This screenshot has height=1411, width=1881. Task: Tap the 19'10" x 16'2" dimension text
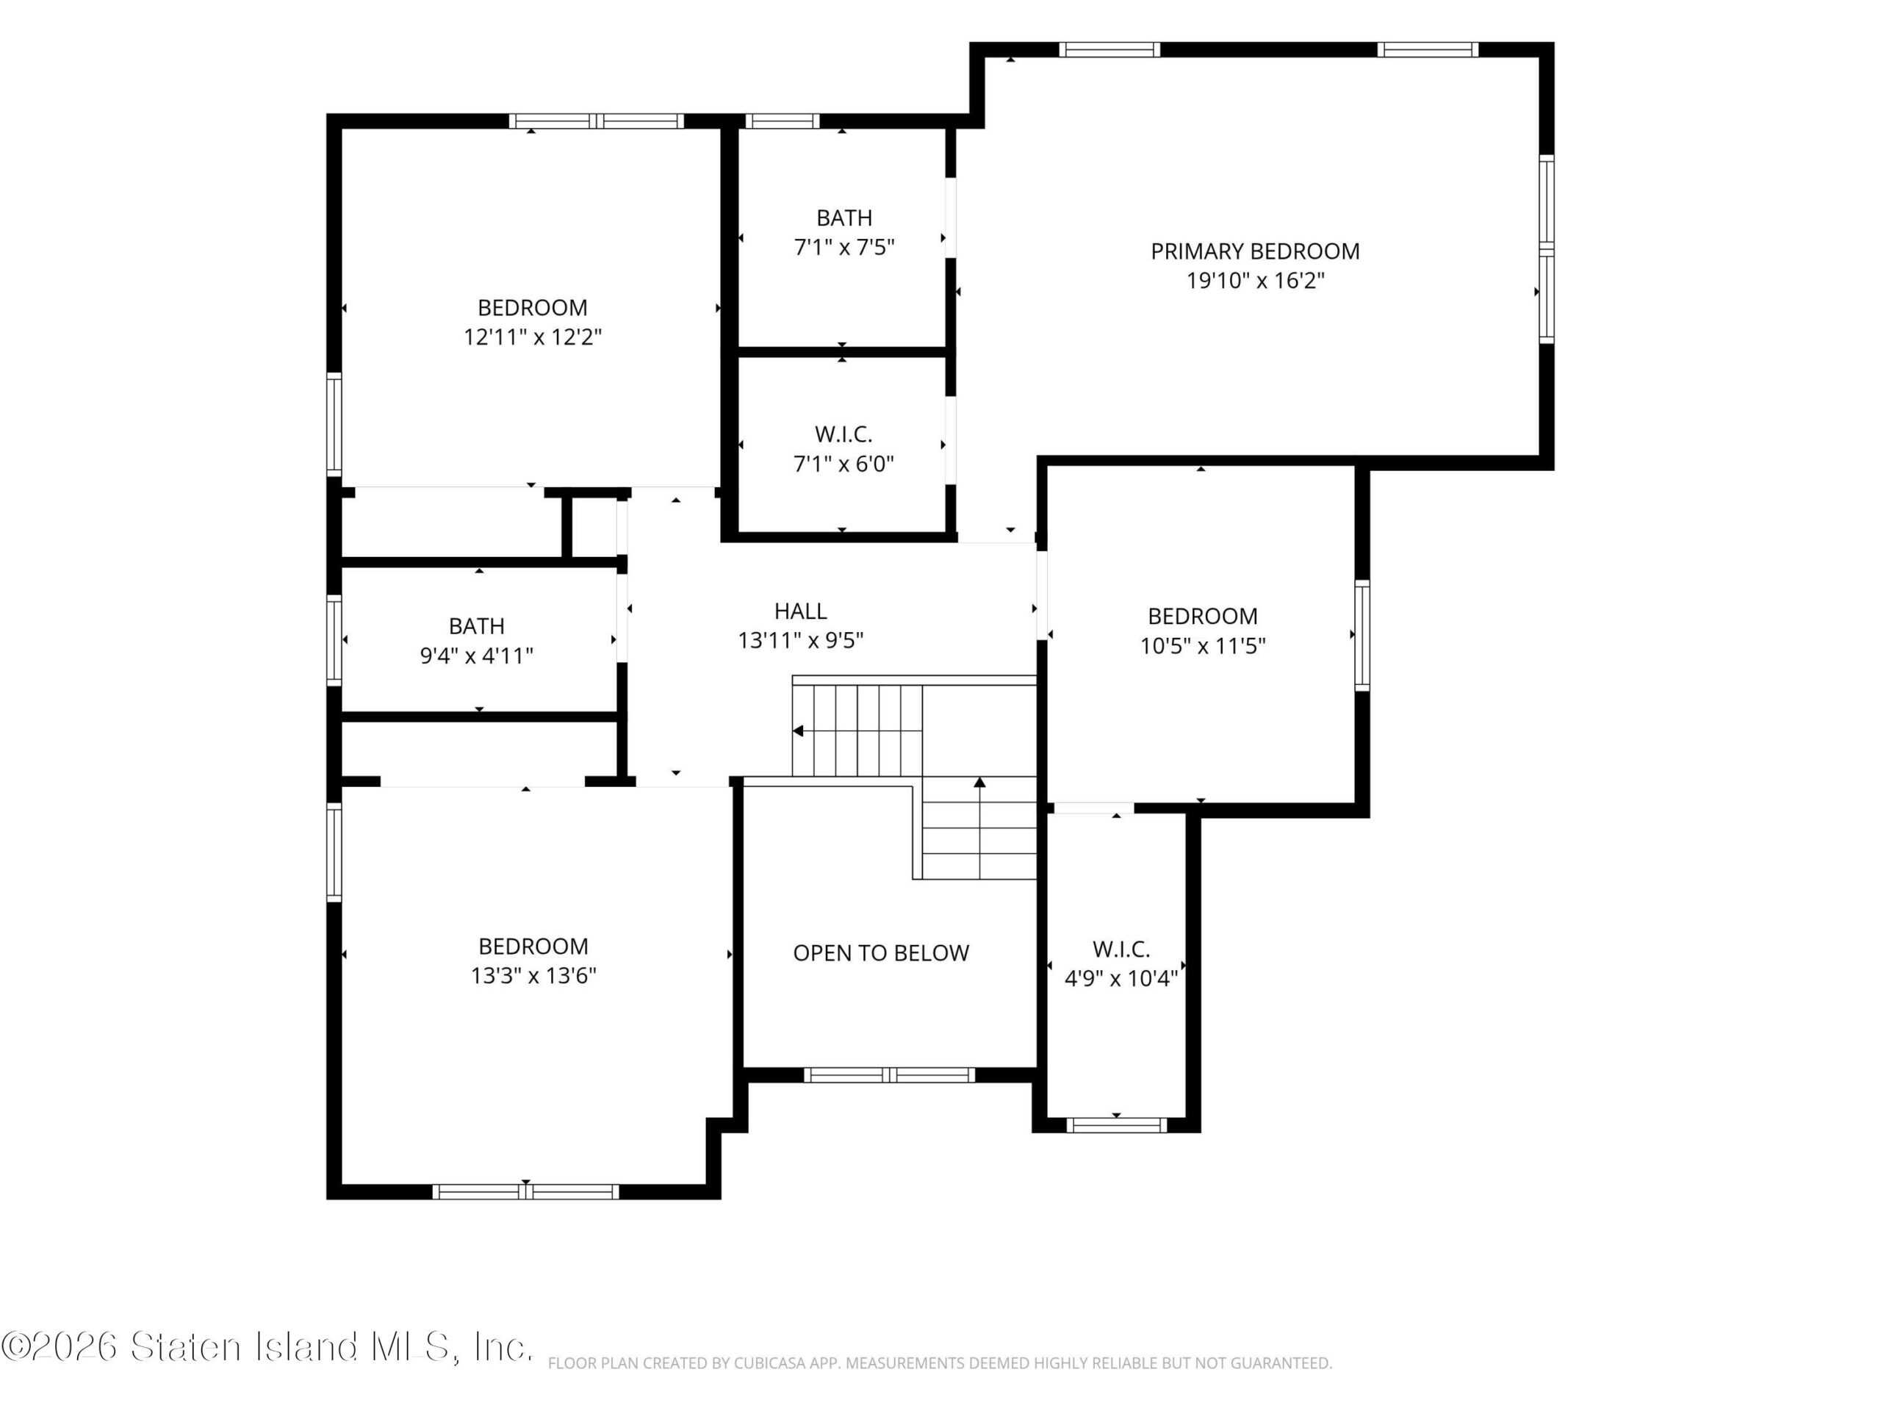point(1255,281)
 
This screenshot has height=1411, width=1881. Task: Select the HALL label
point(800,611)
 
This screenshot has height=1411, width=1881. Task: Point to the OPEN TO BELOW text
point(881,952)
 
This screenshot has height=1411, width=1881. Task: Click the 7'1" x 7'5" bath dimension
point(844,248)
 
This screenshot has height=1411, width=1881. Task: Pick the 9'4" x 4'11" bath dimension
point(476,656)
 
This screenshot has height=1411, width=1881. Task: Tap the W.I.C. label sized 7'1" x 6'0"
point(844,434)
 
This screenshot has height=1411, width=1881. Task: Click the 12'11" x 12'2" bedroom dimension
point(532,337)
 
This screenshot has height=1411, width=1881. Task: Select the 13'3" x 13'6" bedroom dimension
point(533,974)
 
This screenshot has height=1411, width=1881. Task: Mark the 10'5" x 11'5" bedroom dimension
point(1202,645)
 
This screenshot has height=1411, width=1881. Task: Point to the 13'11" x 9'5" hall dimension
point(800,640)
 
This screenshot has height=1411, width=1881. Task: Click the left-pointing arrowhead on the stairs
point(798,730)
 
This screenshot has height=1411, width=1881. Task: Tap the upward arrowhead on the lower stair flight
point(979,782)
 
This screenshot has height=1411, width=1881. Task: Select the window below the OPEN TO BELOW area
point(890,1075)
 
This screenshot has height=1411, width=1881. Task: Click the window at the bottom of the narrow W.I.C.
point(1117,1125)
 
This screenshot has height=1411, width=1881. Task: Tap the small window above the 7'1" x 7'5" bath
point(783,121)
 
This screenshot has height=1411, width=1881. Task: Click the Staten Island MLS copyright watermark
point(267,1346)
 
